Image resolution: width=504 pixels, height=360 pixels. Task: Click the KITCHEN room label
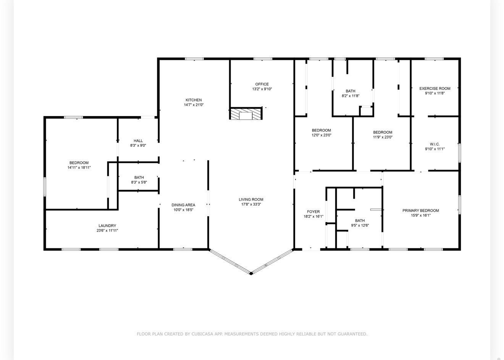[194, 100]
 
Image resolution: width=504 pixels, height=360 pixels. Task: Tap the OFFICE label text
[262, 84]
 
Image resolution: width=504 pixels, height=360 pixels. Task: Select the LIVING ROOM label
[251, 199]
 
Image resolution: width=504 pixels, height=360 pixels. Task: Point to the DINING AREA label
[183, 205]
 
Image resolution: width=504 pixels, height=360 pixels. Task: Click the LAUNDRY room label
[107, 225]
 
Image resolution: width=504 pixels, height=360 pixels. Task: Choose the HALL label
[138, 141]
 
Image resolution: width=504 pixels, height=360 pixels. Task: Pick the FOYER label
[313, 212]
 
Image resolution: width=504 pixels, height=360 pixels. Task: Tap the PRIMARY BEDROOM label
[420, 211]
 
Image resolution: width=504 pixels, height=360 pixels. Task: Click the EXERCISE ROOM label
[435, 89]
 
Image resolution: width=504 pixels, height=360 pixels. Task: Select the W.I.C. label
[435, 144]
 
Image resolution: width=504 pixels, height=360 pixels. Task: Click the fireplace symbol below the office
[246, 114]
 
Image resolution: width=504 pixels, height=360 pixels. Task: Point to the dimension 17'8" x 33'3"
[251, 204]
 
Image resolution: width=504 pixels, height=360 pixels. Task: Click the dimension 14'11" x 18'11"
[79, 167]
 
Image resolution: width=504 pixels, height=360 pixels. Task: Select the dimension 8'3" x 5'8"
[139, 182]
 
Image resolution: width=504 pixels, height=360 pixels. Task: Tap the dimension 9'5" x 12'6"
[360, 225]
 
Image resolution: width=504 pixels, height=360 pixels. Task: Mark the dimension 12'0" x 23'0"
[321, 135]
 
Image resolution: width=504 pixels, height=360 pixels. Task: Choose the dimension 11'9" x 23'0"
[383, 137]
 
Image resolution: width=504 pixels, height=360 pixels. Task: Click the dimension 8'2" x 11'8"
[351, 96]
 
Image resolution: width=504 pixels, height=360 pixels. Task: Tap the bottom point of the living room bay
[251, 273]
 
